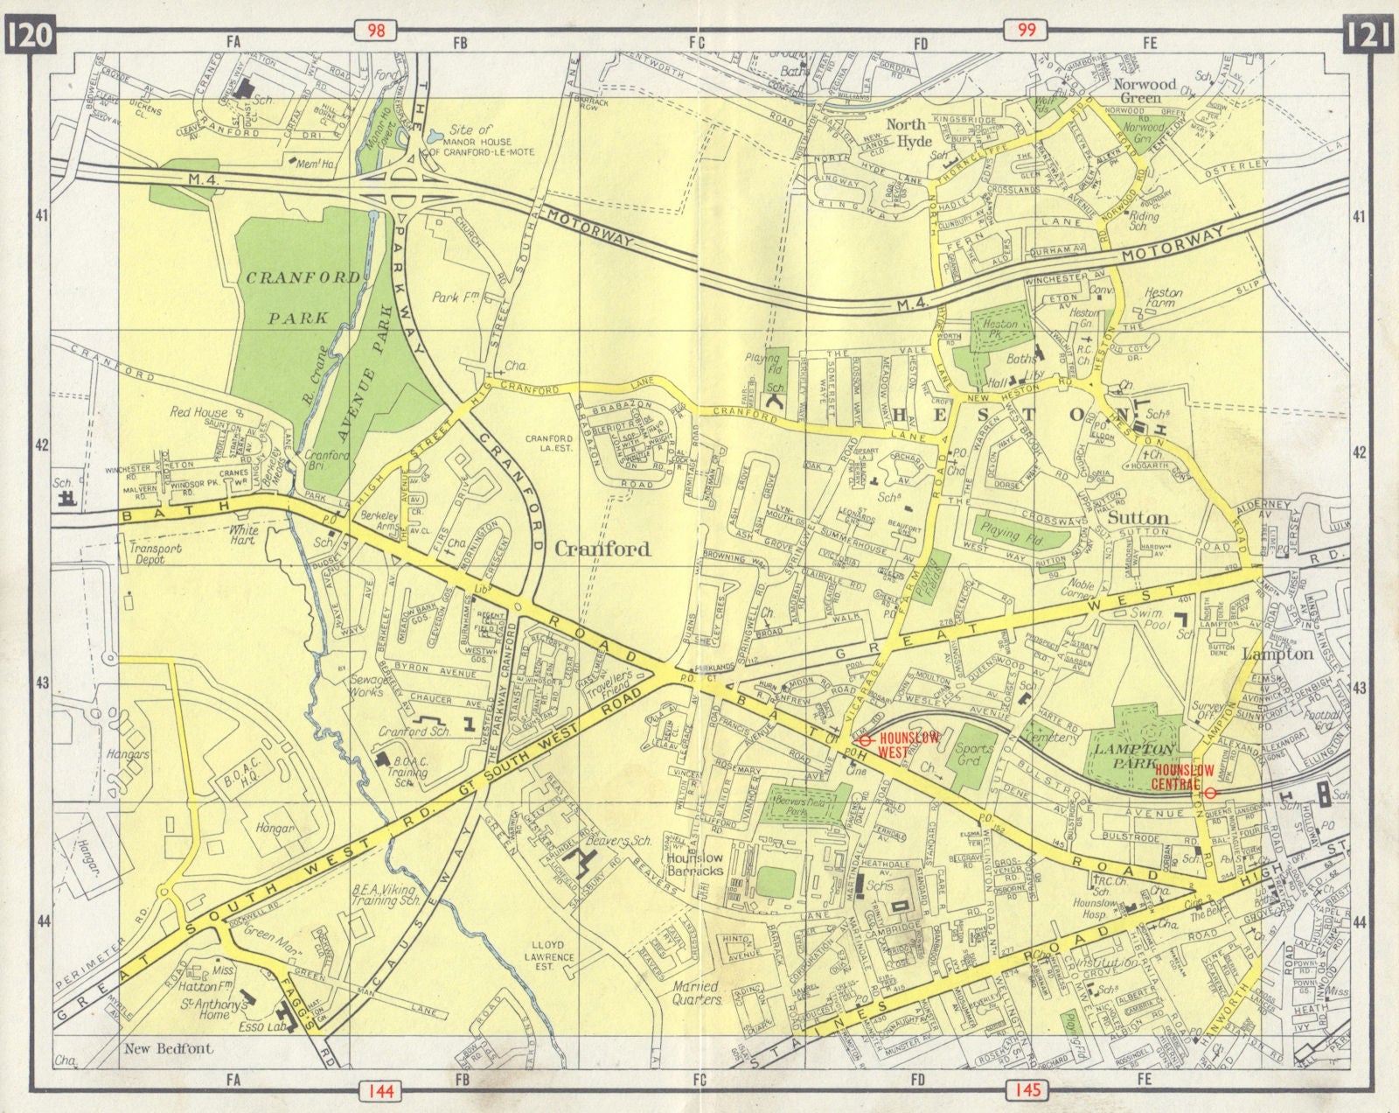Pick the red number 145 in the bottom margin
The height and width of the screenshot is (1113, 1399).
point(1029,1089)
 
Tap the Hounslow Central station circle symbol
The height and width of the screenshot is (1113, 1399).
point(1210,793)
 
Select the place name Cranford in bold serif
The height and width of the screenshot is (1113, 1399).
point(603,549)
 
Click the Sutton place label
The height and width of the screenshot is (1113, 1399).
point(1138,517)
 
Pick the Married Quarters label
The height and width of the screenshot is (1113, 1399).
point(699,992)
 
